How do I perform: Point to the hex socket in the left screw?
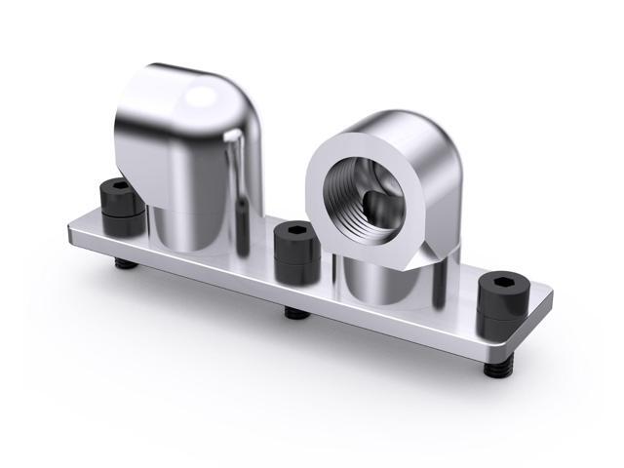119,185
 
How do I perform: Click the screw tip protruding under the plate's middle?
292,313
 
